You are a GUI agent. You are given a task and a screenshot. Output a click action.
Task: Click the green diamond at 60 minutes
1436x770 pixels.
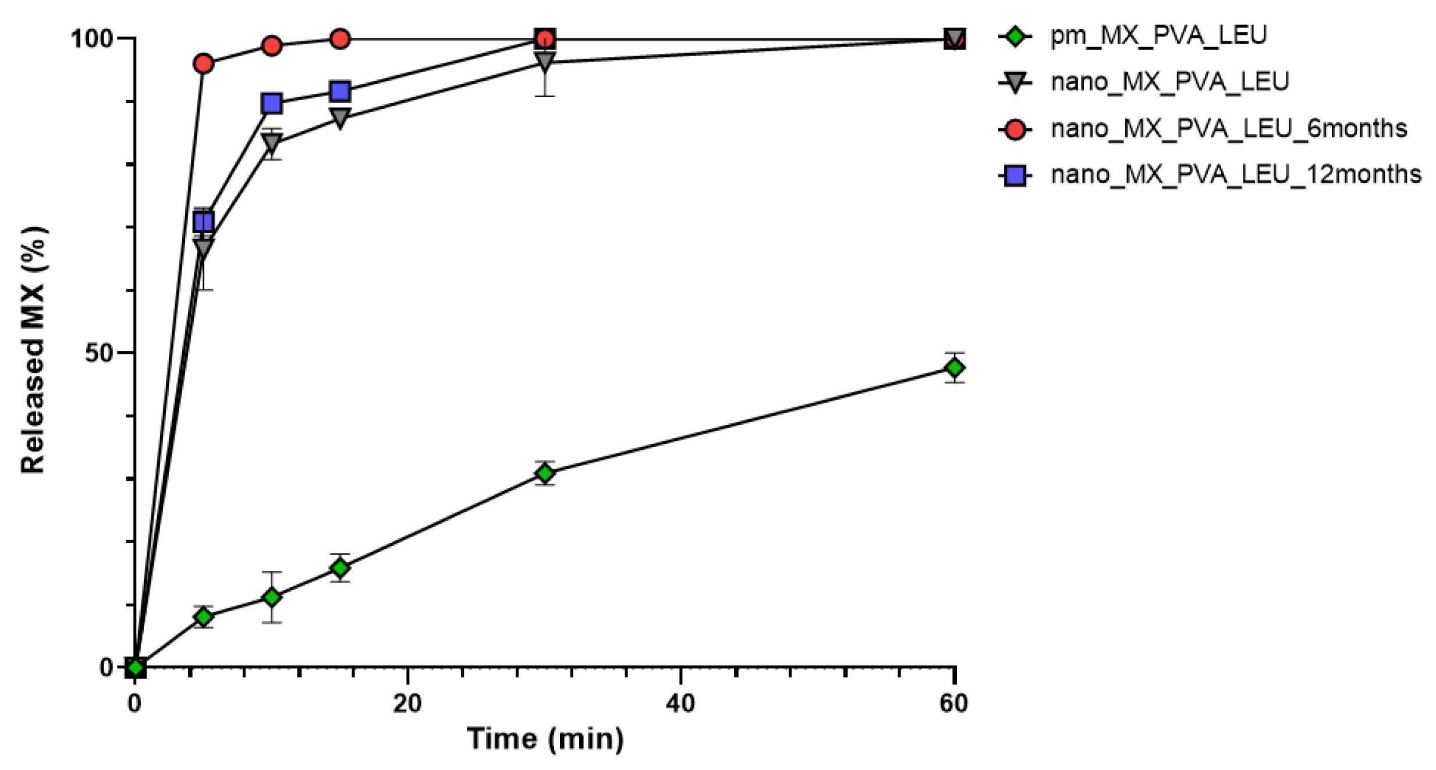pyautogui.click(x=954, y=367)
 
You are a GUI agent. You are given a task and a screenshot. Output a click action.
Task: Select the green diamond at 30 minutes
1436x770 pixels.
pyautogui.click(x=544, y=473)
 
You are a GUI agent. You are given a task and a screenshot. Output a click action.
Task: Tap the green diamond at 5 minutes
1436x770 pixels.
pyautogui.click(x=203, y=616)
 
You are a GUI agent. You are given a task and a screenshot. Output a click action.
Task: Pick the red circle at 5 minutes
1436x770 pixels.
pyautogui.click(x=203, y=63)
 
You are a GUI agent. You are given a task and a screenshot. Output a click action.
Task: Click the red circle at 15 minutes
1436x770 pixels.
pyautogui.click(x=340, y=39)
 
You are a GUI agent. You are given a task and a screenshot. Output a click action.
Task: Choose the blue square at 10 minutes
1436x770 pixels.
pyautogui.click(x=272, y=104)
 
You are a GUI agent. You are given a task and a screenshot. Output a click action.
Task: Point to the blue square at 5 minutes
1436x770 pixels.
pyautogui.click(x=203, y=222)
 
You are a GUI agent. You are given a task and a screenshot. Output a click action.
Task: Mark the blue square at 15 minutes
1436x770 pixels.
pyautogui.click(x=340, y=91)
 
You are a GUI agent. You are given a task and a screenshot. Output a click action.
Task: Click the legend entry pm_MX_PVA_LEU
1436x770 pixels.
pyautogui.click(x=1158, y=36)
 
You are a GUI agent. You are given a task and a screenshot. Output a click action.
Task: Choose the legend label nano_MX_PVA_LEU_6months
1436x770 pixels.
pyautogui.click(x=1228, y=129)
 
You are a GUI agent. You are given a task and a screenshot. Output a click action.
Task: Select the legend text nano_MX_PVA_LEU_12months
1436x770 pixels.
pyautogui.click(x=1236, y=175)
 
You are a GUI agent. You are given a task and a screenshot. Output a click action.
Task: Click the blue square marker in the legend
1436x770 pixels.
pyautogui.click(x=1015, y=175)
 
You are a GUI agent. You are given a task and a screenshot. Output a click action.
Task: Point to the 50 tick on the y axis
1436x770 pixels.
pyautogui.click(x=98, y=353)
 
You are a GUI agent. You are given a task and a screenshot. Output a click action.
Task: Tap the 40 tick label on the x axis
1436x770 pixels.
pyautogui.click(x=680, y=704)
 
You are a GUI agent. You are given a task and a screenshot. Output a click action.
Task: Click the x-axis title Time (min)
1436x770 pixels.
pyautogui.click(x=545, y=739)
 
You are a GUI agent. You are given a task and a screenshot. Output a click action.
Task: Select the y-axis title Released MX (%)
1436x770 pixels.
pyautogui.click(x=33, y=349)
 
